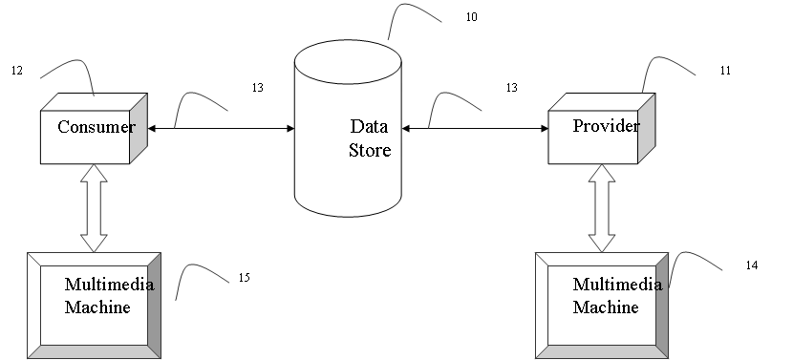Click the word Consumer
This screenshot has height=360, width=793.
(96, 126)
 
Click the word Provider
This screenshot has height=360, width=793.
(606, 125)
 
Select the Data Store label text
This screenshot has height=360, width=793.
(370, 138)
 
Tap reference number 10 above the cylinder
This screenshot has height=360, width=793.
(471, 16)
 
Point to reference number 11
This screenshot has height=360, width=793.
(725, 71)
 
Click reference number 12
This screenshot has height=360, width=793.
(17, 71)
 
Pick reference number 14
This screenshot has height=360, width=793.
(752, 265)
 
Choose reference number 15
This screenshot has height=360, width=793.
(245, 278)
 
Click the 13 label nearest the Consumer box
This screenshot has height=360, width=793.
(257, 88)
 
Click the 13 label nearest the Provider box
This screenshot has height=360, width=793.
(512, 88)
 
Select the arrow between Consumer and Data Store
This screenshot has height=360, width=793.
(221, 128)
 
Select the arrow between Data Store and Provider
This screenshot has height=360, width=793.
(475, 128)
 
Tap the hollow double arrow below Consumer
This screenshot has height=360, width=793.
(94, 208)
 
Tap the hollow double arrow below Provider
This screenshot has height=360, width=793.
(602, 208)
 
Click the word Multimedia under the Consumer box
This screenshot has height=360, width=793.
(109, 285)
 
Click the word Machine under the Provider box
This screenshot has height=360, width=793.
(606, 307)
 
